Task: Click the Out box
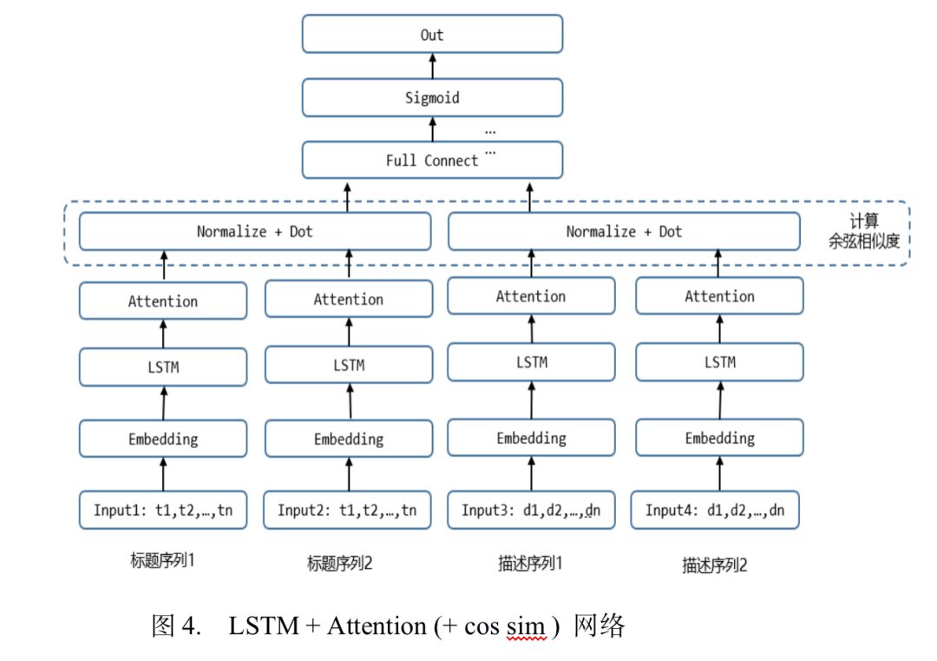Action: pos(432,34)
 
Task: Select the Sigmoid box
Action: pos(432,97)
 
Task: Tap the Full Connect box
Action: pos(432,160)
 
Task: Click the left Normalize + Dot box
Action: pos(255,232)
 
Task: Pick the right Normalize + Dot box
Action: pos(624,232)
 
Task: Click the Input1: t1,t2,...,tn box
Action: pos(163,510)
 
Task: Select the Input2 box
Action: pos(347,510)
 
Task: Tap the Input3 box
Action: pos(531,510)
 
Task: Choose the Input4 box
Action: pos(715,510)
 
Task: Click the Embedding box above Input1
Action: pos(163,439)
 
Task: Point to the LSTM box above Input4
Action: pos(719,362)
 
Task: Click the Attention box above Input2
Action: pos(349,299)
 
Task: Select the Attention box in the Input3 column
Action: pos(531,295)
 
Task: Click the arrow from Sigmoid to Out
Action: pos(433,66)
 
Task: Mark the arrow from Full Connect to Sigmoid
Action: pos(433,129)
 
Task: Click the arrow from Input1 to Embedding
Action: pos(163,474)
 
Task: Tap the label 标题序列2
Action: pos(339,563)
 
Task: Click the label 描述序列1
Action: pos(530,563)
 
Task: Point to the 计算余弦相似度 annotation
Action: pos(864,231)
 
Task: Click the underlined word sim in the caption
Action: pos(526,626)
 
